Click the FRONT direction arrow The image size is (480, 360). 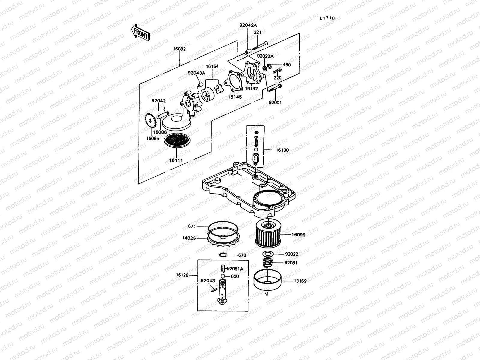(x=140, y=33)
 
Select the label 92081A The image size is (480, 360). (x=235, y=269)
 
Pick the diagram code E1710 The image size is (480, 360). (x=327, y=18)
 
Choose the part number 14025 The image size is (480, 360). (x=189, y=238)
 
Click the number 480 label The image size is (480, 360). (x=287, y=64)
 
